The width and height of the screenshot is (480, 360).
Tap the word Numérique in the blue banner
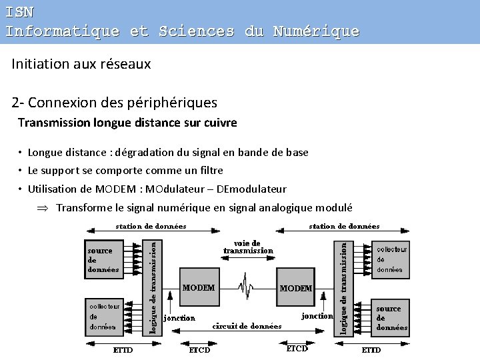pos(316,31)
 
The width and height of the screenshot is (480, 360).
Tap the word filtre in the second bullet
pos(208,171)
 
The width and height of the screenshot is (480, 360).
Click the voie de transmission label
pos(248,247)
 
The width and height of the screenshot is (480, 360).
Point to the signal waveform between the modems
pos(247,287)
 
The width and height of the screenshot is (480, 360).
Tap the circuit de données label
pos(247,326)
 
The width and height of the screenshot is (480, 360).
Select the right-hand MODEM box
pos(296,289)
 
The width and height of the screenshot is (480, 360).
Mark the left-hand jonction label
pos(179,318)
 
